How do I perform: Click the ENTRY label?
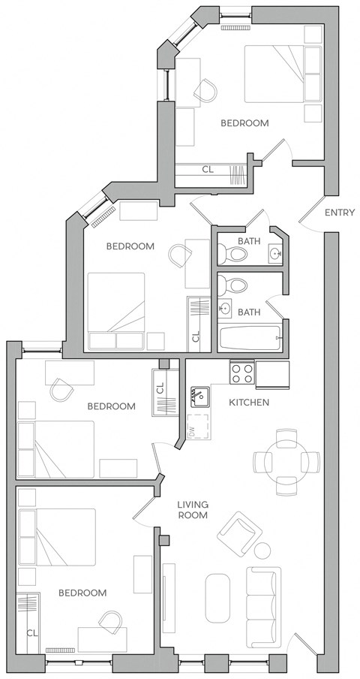tap(339, 213)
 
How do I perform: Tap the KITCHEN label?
tap(248, 403)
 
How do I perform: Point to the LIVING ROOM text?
tap(193, 510)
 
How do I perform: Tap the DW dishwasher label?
tap(191, 430)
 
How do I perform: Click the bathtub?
tap(250, 337)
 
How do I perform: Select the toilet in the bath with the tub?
tap(237, 285)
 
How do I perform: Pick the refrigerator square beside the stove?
tap(272, 373)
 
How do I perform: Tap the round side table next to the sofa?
tap(262, 550)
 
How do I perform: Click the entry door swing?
tap(311, 214)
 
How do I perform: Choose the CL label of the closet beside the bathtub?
tap(196, 336)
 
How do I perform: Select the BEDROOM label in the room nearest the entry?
tap(244, 123)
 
